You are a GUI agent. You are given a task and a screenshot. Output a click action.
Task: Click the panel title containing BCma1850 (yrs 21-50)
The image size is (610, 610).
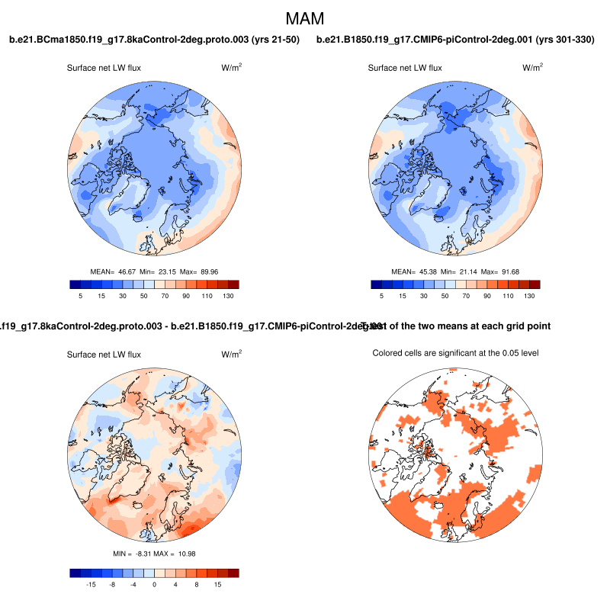pos(154,39)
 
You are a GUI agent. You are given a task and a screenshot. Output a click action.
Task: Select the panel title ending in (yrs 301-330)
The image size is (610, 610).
pos(455,39)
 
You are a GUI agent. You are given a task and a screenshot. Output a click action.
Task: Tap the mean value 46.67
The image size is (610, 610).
pos(126,271)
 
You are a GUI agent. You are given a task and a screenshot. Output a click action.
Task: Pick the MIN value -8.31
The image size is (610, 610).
pos(143,553)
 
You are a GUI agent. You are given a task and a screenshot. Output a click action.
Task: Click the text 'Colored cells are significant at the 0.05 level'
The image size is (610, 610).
pos(456,352)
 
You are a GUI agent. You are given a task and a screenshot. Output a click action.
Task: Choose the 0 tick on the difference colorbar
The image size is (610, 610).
pos(154,586)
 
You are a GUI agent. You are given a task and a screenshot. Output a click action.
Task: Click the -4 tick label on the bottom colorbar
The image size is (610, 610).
pos(133,586)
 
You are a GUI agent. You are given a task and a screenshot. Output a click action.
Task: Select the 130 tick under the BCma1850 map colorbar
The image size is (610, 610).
pos(228,297)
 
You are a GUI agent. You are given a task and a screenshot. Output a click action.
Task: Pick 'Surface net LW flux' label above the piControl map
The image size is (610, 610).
pos(405,68)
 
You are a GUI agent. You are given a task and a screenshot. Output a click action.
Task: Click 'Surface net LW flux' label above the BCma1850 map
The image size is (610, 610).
pos(104,68)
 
